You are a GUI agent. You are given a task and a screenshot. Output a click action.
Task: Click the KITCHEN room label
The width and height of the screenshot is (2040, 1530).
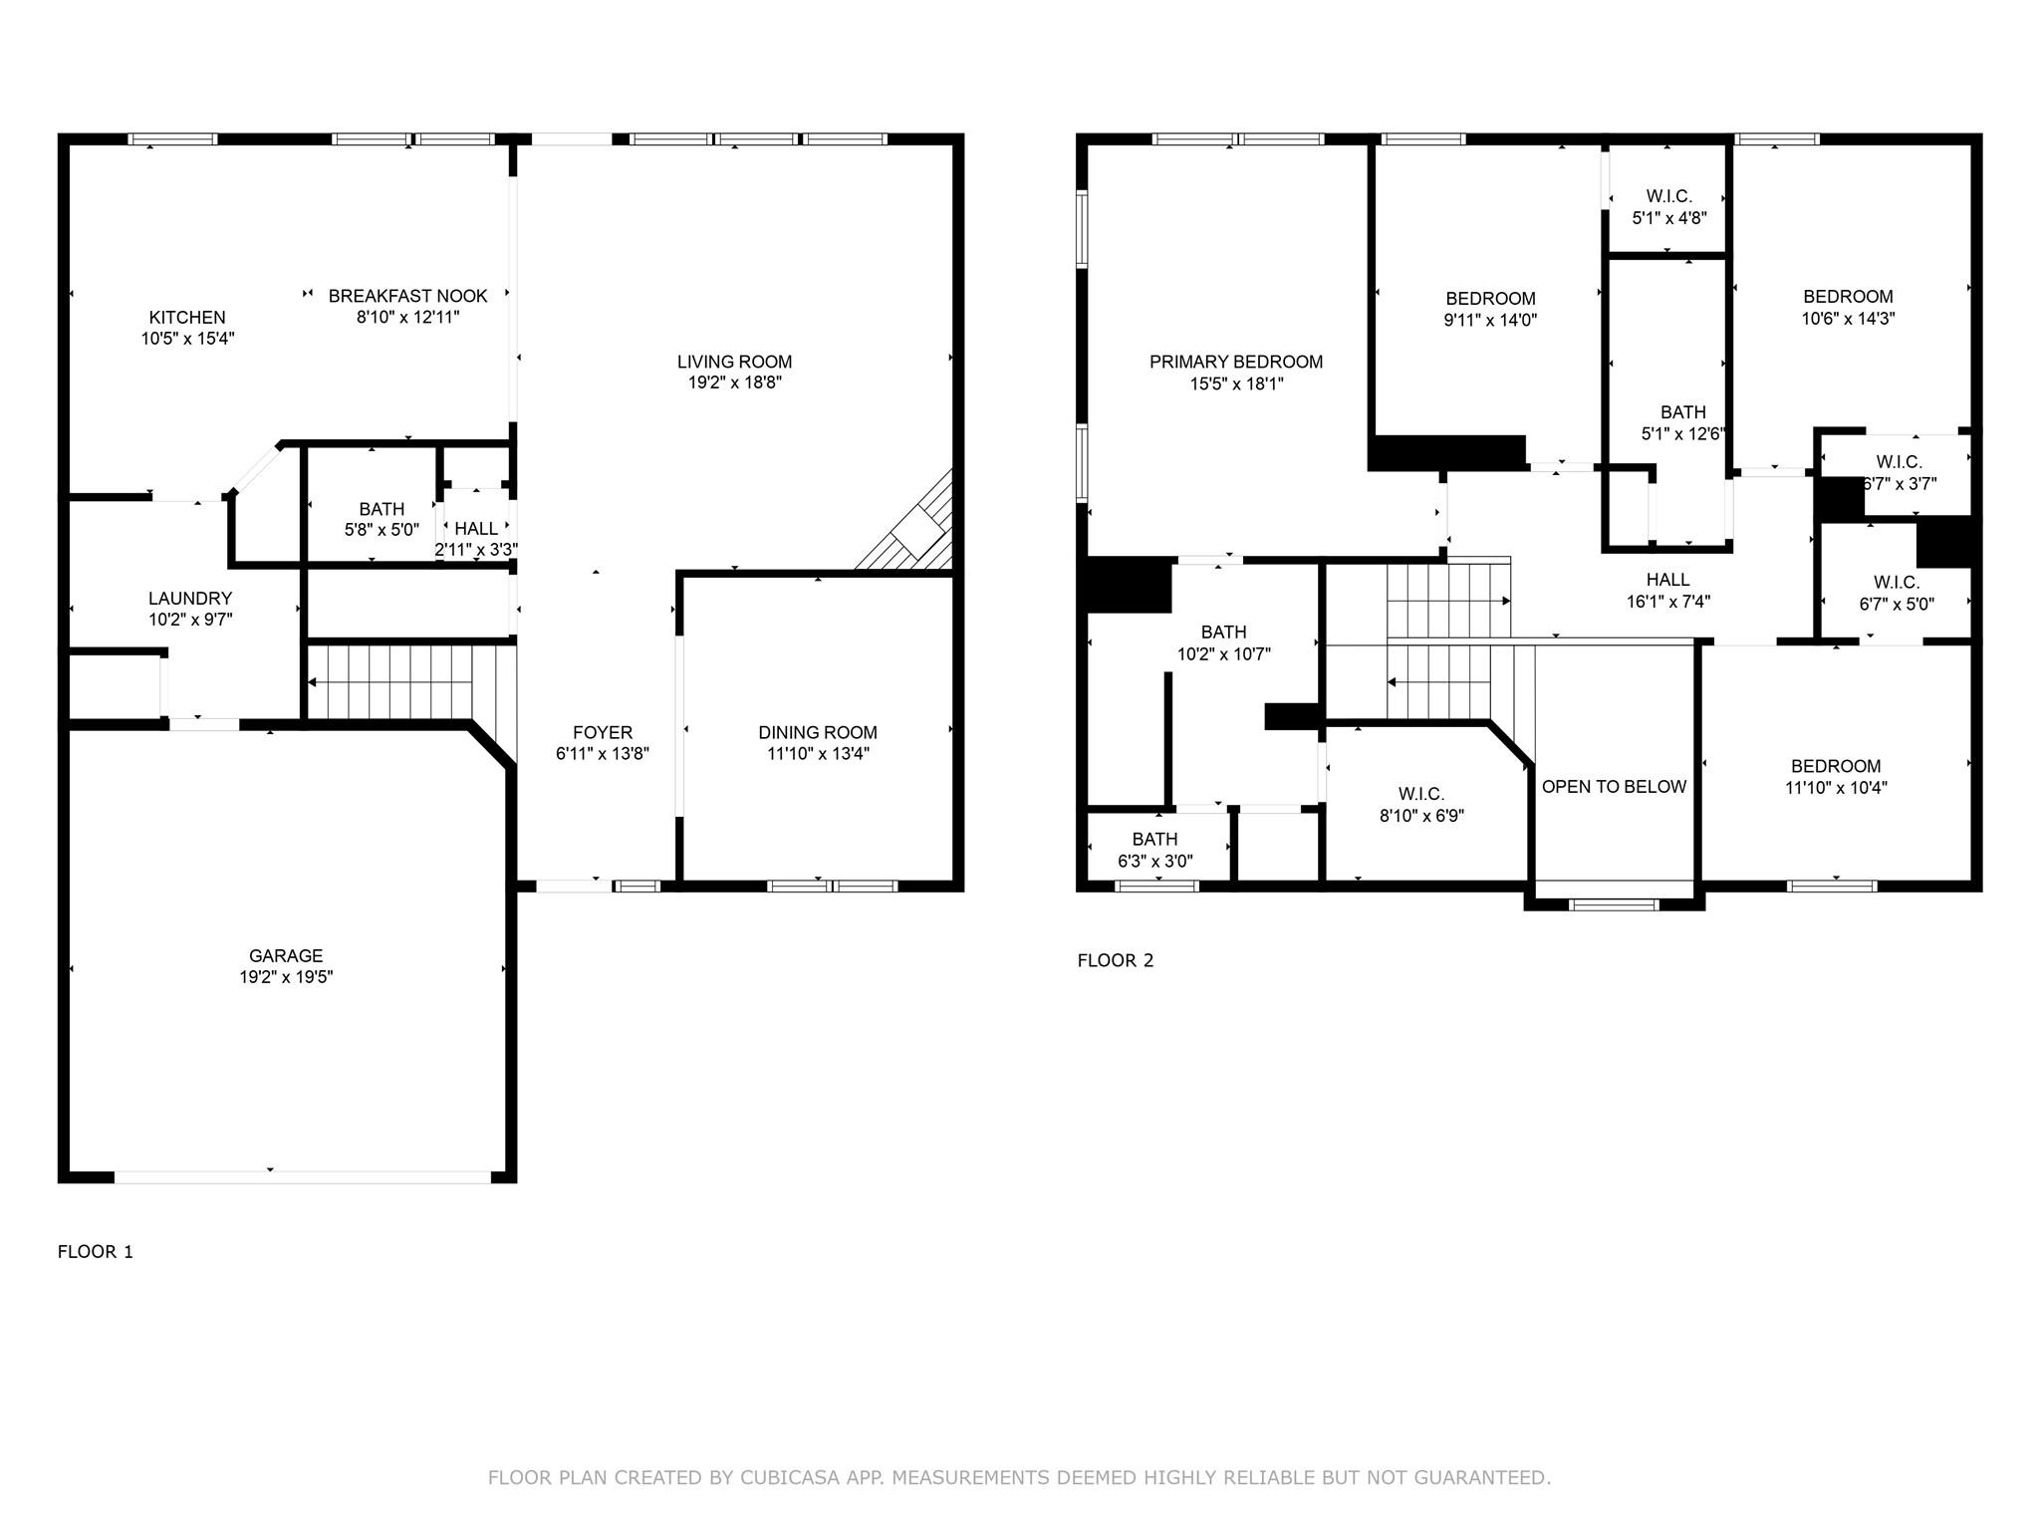pyautogui.click(x=187, y=318)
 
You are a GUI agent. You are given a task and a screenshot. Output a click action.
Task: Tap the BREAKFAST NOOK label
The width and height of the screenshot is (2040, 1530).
pyautogui.click(x=407, y=296)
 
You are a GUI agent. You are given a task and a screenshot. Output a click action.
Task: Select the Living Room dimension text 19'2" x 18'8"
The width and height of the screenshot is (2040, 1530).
pyautogui.click(x=734, y=383)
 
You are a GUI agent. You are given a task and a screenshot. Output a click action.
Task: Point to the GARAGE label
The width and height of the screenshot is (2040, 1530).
pyautogui.click(x=286, y=956)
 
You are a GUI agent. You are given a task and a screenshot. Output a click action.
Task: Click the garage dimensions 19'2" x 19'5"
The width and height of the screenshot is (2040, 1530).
pyautogui.click(x=286, y=978)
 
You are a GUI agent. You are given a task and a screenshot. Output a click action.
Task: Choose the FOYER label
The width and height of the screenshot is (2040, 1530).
pyautogui.click(x=602, y=733)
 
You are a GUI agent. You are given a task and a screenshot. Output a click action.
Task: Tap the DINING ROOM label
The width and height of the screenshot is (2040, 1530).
pyautogui.click(x=817, y=733)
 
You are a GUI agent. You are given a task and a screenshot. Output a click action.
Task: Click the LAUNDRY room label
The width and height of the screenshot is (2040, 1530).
pyautogui.click(x=189, y=599)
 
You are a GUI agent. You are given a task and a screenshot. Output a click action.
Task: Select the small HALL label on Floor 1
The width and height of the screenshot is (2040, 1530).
pyautogui.click(x=476, y=529)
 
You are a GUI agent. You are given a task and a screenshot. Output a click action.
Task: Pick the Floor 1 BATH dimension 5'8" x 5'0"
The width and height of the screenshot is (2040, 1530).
pyautogui.click(x=382, y=531)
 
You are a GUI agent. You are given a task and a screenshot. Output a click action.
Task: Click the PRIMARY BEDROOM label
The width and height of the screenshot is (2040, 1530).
pyautogui.click(x=1235, y=363)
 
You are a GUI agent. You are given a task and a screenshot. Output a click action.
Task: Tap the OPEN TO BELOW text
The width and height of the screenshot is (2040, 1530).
pyautogui.click(x=1614, y=787)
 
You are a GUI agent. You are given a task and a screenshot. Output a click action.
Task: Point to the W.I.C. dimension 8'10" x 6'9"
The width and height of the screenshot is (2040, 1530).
pyautogui.click(x=1420, y=816)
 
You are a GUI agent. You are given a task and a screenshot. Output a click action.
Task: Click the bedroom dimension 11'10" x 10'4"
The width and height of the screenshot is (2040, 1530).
pyautogui.click(x=1835, y=788)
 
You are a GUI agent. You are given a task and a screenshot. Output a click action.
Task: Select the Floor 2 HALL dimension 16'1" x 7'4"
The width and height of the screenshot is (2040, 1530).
pyautogui.click(x=1667, y=602)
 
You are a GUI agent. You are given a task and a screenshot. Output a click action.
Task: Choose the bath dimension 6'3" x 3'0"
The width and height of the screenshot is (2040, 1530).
pyautogui.click(x=1154, y=862)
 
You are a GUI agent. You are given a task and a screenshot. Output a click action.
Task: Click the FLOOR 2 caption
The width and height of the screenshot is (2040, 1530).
pyautogui.click(x=1115, y=961)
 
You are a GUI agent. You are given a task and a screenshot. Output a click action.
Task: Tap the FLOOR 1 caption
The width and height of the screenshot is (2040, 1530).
pyautogui.click(x=95, y=1252)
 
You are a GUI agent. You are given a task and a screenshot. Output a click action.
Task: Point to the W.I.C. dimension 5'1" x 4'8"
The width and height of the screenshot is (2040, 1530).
pyautogui.click(x=1668, y=218)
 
